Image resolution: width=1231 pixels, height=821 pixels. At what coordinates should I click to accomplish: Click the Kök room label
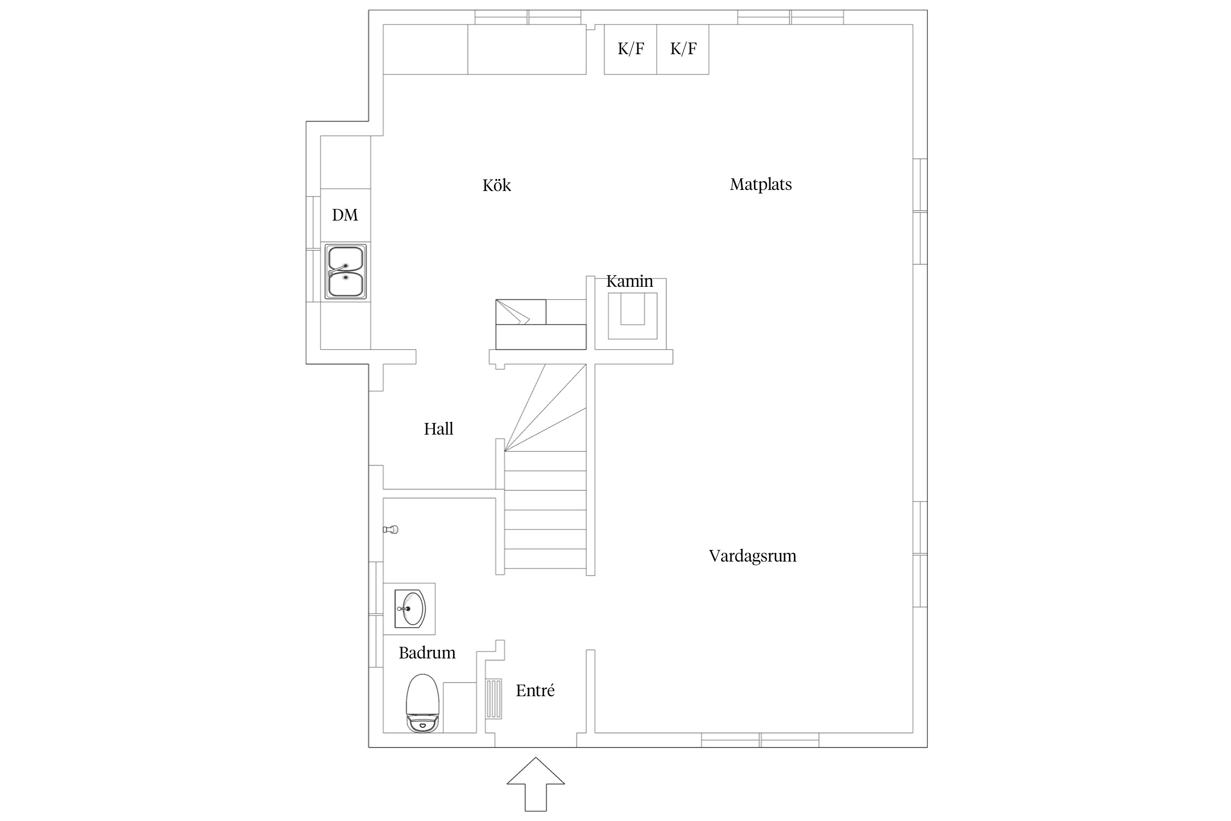point(496,186)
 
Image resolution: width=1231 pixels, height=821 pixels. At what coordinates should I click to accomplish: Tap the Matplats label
point(760,184)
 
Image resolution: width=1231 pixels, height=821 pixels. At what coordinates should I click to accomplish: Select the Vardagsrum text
point(752,556)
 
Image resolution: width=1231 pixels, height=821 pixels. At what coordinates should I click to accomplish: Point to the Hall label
point(438,429)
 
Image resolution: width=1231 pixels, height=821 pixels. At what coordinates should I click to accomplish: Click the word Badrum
point(427,652)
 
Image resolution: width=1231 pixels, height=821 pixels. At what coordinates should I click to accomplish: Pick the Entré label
point(535,691)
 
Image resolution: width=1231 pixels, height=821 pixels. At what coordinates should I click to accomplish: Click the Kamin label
point(629,281)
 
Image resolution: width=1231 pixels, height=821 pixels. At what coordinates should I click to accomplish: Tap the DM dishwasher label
point(345,215)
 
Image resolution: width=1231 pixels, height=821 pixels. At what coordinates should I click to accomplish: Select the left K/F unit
point(630,49)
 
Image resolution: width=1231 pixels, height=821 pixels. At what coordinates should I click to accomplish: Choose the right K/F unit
point(683,49)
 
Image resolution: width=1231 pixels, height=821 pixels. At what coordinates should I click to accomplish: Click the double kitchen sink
point(346,271)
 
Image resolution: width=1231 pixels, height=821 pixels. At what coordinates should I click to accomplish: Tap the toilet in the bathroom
point(423,703)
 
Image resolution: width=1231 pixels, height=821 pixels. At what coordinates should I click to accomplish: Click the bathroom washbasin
point(410,609)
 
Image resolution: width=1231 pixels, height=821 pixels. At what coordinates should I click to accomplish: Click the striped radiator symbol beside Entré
point(494,698)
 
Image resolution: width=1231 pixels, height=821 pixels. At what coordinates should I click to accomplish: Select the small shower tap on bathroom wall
point(391,529)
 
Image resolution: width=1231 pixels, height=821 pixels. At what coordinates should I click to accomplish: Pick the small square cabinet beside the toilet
point(460,708)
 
